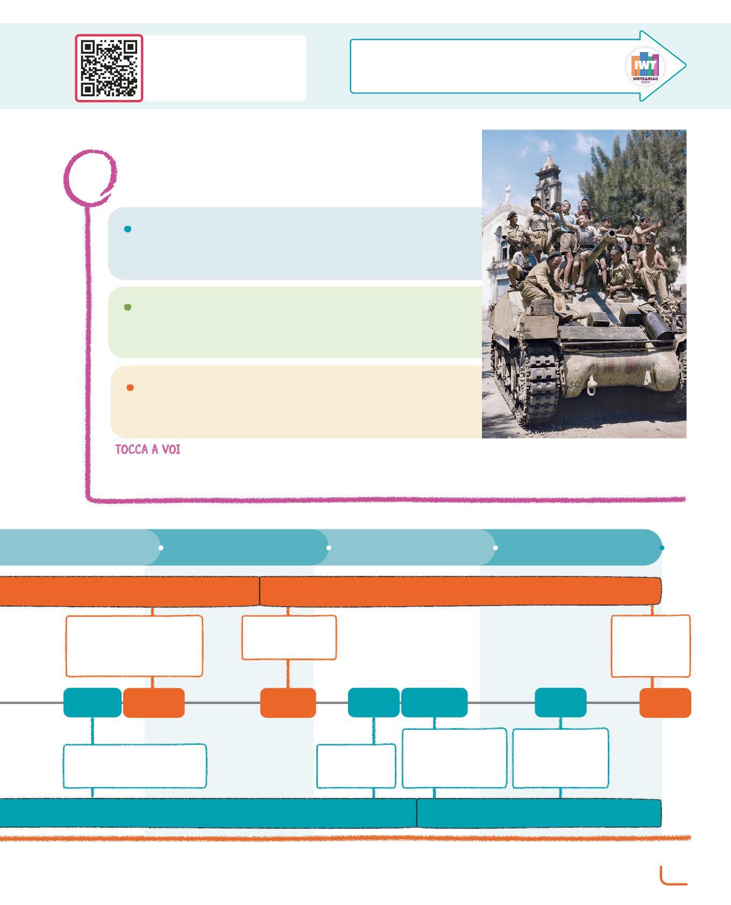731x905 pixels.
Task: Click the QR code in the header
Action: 109,68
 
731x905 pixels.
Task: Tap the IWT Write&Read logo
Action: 645,67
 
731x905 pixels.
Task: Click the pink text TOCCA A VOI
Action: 148,449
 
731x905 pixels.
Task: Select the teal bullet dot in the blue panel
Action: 127,229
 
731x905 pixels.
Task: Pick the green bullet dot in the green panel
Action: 127,307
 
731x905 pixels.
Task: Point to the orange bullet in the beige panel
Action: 130,387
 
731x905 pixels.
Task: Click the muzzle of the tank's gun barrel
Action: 613,233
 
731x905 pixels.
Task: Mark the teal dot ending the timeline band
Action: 662,548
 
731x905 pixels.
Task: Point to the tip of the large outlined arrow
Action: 684,66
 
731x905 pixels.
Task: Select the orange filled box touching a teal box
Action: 154,702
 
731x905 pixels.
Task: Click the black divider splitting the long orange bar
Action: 260,591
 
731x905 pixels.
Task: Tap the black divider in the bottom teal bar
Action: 417,813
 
